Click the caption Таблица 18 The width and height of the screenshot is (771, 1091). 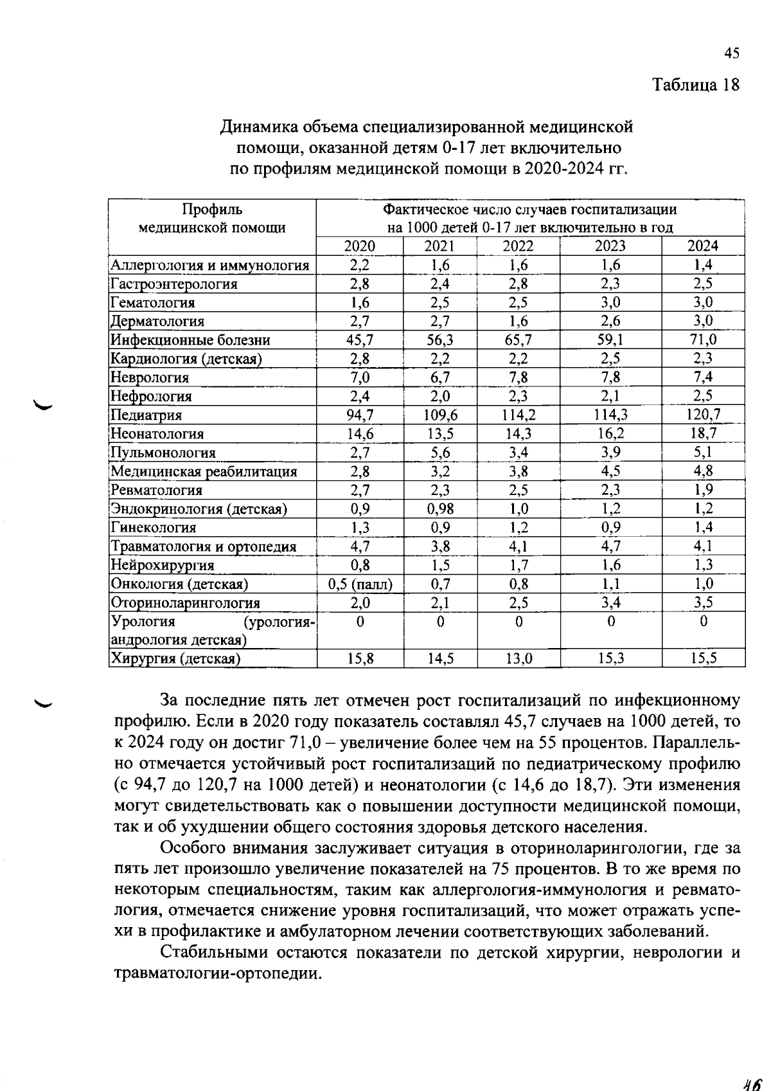tap(696, 84)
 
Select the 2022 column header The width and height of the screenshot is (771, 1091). tap(518, 246)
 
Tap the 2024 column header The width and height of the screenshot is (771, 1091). tap(703, 246)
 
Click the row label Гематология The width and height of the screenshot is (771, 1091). tap(153, 302)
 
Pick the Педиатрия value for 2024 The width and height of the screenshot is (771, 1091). tap(703, 415)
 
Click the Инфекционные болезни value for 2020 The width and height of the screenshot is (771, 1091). tap(360, 339)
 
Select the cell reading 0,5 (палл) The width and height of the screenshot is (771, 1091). tap(360, 584)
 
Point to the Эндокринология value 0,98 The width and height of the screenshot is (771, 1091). tap(440, 509)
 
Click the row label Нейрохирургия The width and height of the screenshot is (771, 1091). tap(163, 565)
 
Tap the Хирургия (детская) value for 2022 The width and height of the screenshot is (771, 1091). tap(518, 658)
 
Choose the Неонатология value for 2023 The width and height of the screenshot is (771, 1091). tap(610, 434)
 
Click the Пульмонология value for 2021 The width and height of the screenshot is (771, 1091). tap(440, 453)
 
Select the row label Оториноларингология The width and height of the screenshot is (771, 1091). tap(186, 603)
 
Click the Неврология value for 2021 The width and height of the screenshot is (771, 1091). tap(440, 377)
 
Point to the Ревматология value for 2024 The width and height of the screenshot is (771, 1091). tap(703, 490)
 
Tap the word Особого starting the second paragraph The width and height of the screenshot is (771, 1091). tap(192, 849)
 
